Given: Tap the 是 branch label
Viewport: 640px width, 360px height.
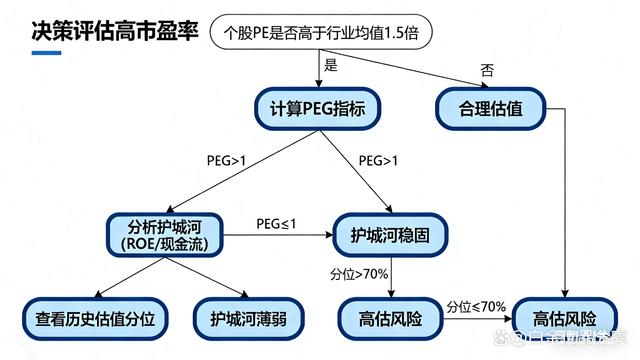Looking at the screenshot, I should coord(329,65).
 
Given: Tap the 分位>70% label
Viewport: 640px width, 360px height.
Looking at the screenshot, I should coord(359,273).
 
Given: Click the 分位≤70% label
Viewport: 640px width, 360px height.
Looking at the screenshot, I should coord(476,306).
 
